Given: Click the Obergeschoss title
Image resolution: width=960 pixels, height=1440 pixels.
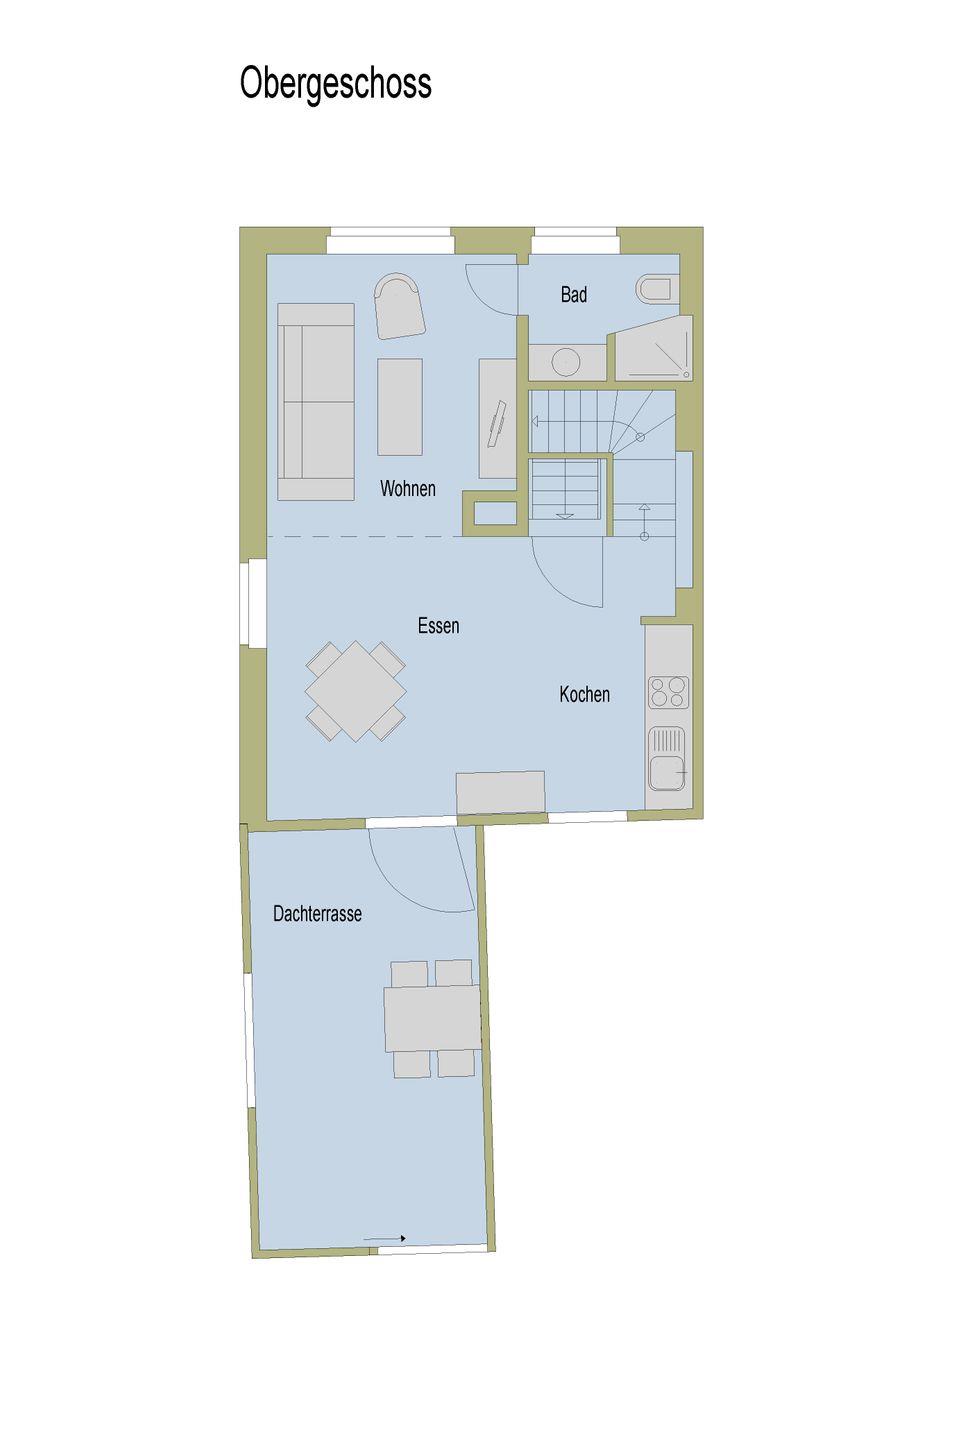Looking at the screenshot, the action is coord(335,84).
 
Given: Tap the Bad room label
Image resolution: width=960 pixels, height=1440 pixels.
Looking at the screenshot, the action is coord(574,294).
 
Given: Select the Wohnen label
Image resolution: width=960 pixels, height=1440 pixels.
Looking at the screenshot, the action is coord(408,489).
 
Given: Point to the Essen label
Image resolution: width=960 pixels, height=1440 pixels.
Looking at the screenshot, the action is coord(439,626).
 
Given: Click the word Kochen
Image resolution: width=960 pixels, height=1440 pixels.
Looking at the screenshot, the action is coord(584,694).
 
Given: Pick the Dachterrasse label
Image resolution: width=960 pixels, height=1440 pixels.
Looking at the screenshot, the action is coord(317,914).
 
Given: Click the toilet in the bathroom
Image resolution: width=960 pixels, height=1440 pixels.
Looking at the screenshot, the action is coord(657,289).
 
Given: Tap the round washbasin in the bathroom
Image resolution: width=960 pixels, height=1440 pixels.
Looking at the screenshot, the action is coord(567,362).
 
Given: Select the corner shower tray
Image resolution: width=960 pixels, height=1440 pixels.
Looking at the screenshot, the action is coord(653,348).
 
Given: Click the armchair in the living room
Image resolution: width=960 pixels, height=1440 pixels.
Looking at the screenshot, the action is coord(399,305).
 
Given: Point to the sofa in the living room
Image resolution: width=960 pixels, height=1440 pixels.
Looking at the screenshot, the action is coord(316,402).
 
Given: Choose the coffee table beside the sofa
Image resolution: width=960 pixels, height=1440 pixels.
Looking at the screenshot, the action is coord(400,407).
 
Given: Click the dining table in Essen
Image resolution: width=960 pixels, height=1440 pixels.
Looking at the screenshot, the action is coord(356,692).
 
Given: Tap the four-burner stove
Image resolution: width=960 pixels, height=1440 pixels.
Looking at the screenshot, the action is coord(669,692).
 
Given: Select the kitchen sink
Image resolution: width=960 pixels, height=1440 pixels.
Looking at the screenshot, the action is coord(667,759).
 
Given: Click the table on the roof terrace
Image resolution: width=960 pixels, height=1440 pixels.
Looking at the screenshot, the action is coord(432,1019).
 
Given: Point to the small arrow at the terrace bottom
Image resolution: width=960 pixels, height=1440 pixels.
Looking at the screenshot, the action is coord(385,1238).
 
